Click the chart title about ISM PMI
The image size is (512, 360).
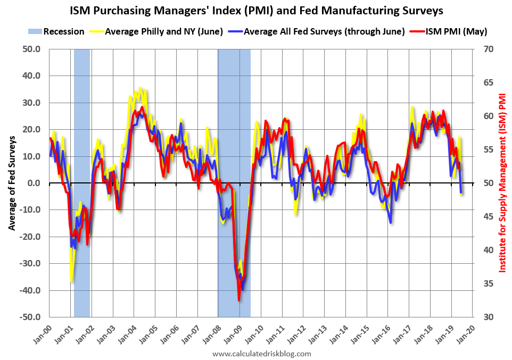click(256, 10)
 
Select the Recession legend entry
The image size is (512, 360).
click(56, 31)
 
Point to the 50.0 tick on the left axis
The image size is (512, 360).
click(31, 49)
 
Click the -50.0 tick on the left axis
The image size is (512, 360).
click(30, 317)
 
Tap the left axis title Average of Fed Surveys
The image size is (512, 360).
click(12, 183)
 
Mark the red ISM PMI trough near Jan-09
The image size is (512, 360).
click(239, 300)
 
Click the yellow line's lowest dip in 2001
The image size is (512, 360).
click(71, 281)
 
